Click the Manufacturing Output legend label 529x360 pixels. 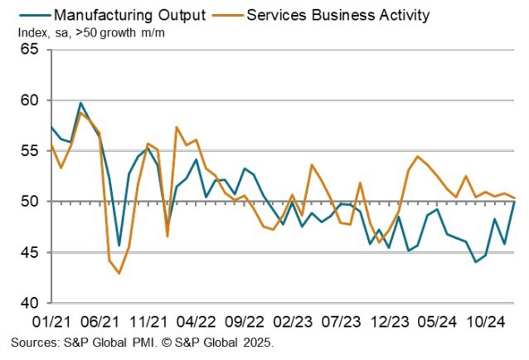tap(130, 14)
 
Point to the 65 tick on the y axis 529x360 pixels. tap(31, 50)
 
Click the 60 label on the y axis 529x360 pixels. tap(31, 100)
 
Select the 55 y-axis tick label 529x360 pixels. tap(31, 151)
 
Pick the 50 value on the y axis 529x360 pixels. tap(31, 201)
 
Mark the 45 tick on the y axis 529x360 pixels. tap(31, 252)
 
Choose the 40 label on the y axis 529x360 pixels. tap(31, 302)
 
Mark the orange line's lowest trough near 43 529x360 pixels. tap(119, 273)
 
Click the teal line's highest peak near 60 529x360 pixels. tap(81, 103)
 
